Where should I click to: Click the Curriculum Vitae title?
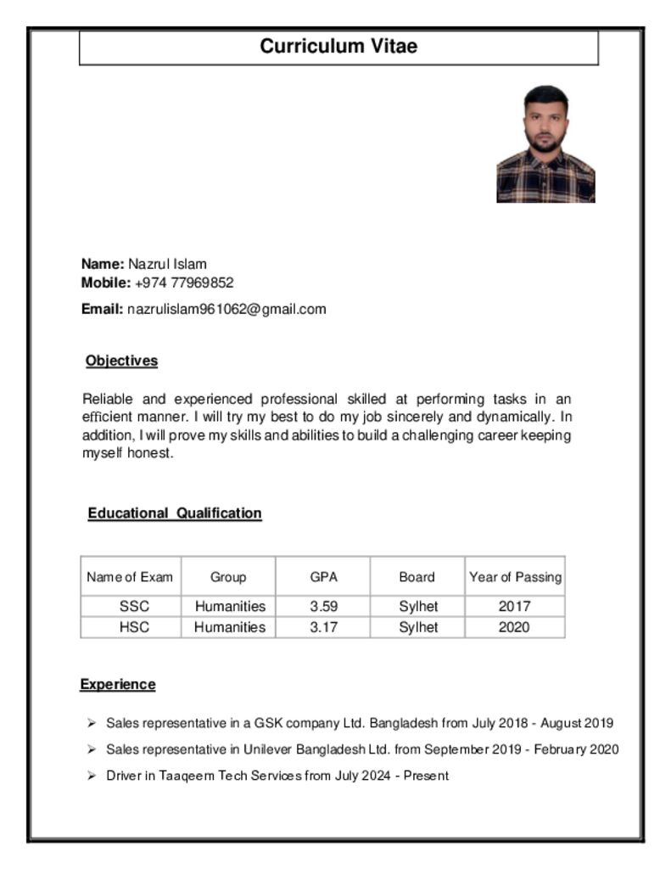[338, 47]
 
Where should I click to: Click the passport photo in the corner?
[545, 143]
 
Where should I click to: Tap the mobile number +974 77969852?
[184, 283]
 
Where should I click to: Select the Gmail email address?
[226, 309]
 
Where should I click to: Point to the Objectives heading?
[121, 361]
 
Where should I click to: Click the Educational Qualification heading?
[175, 513]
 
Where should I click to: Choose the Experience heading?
[118, 684]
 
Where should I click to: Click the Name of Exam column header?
[130, 577]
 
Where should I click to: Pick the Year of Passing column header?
[515, 577]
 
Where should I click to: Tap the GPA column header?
[323, 577]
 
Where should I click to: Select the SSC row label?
[134, 606]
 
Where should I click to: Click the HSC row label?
[134, 627]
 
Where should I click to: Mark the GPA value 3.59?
[323, 606]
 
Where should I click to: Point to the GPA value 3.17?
[323, 627]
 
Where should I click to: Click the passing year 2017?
[514, 606]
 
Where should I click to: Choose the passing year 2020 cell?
[514, 627]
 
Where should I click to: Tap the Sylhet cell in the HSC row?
[418, 627]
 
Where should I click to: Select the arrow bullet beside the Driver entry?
[91, 776]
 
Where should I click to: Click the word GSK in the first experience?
[269, 724]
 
